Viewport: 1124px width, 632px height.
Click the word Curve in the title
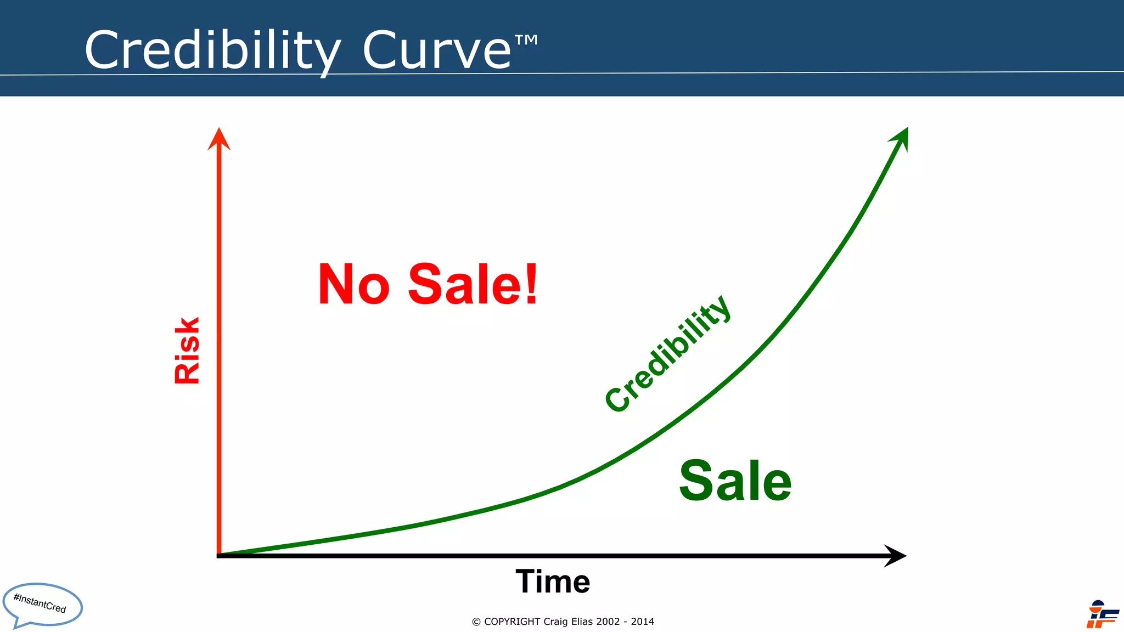point(437,50)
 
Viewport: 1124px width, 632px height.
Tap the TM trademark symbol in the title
point(526,40)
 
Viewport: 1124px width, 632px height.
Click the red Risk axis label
point(187,350)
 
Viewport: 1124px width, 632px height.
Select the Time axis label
point(553,582)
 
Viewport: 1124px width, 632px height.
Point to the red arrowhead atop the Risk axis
point(219,139)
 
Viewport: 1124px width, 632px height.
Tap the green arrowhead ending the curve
point(901,138)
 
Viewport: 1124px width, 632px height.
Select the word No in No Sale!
point(354,285)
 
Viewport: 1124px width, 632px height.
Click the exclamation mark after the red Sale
point(531,284)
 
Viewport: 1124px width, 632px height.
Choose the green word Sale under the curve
point(735,481)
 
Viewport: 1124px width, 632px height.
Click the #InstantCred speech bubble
point(42,605)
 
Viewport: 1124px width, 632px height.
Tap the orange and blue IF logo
point(1101,615)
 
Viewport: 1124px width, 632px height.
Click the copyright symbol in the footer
point(476,622)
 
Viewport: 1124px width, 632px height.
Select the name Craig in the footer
point(555,622)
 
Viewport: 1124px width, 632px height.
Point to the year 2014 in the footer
point(642,622)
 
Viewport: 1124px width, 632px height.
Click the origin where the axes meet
point(220,555)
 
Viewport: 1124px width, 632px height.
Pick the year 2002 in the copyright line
point(608,622)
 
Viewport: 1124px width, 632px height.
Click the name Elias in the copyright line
point(582,622)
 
